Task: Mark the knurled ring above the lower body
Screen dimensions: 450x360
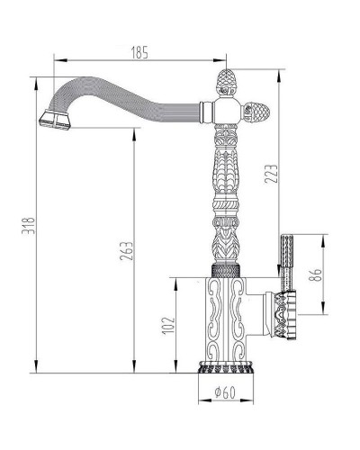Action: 224,269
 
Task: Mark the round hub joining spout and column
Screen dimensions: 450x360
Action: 224,112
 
